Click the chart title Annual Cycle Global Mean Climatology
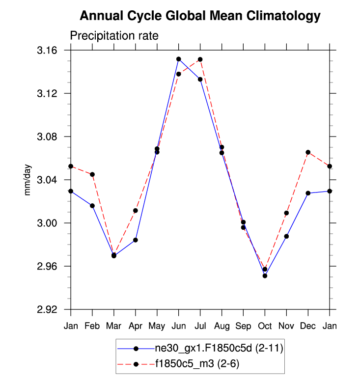click(x=200, y=16)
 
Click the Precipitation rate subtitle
click(x=114, y=36)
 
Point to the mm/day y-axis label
click(x=28, y=180)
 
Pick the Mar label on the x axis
click(x=114, y=327)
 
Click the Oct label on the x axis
click(x=265, y=327)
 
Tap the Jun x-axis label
click(x=178, y=327)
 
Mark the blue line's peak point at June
click(x=179, y=59)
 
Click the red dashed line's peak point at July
click(x=200, y=59)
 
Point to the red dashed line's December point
click(x=308, y=152)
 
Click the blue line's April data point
click(x=136, y=240)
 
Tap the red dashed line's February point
click(x=92, y=174)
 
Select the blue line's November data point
click(x=286, y=236)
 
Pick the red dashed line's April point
click(x=136, y=211)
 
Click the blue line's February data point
click(x=92, y=205)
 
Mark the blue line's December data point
click(x=308, y=193)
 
